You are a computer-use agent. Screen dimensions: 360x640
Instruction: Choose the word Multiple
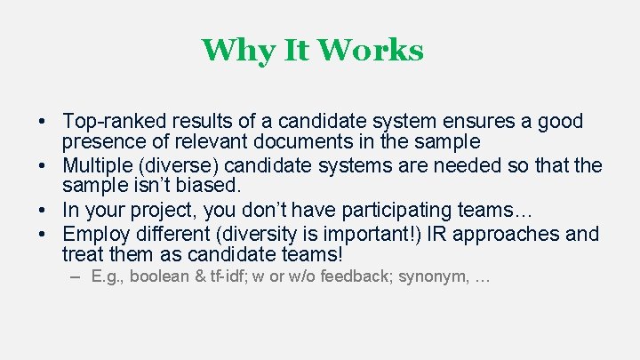[97, 166]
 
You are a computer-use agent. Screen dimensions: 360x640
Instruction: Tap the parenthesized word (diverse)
[178, 166]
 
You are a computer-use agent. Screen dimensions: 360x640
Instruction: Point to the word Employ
[95, 235]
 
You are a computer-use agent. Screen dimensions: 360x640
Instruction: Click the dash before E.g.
[75, 276]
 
